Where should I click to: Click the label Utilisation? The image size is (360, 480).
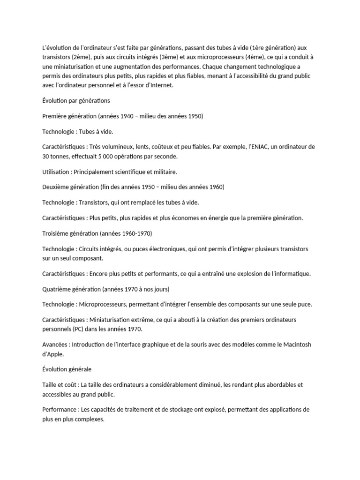(57, 172)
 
